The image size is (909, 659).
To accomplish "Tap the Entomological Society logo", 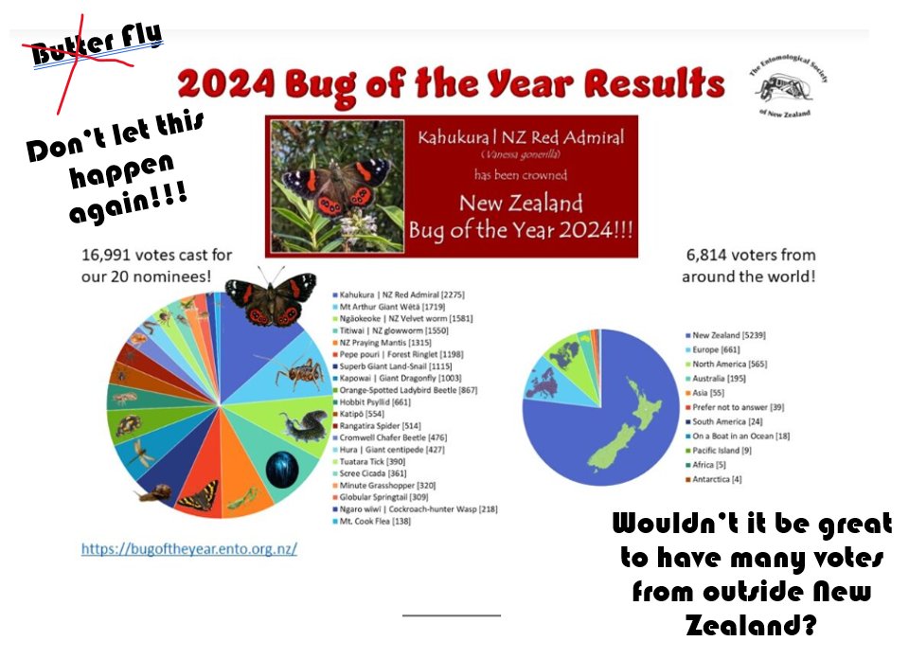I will point(785,84).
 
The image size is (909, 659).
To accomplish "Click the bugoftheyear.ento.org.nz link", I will point(188,547).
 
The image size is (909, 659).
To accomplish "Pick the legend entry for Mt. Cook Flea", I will point(379,522).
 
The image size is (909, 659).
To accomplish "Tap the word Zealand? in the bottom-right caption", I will point(748,626).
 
